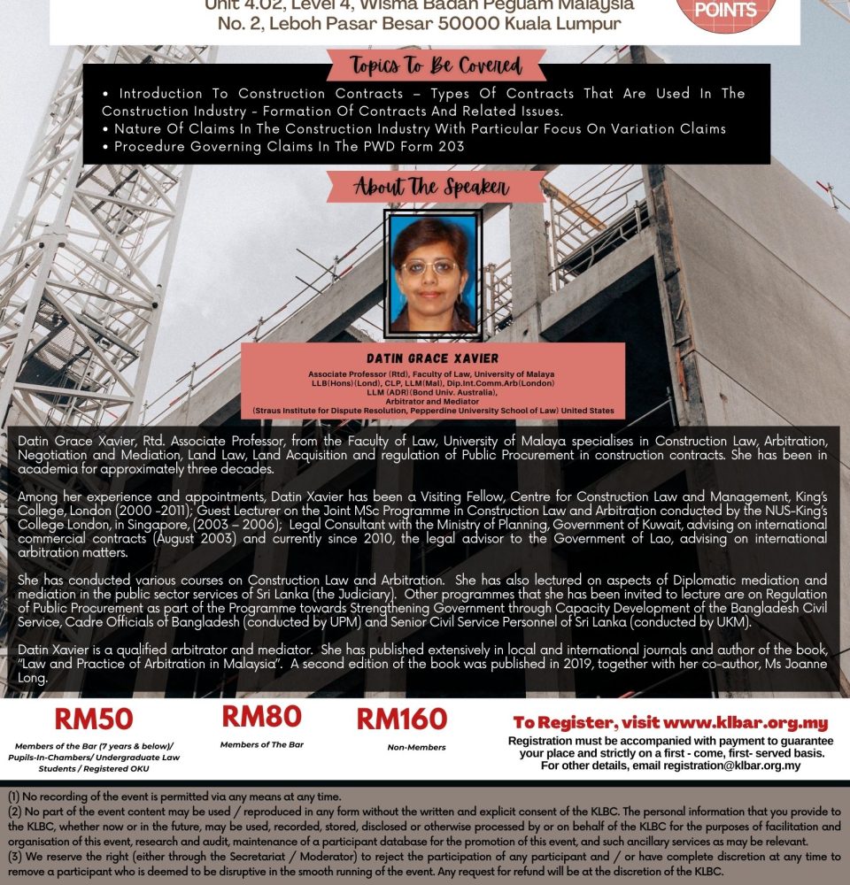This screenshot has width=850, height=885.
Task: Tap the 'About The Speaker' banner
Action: pos(431,187)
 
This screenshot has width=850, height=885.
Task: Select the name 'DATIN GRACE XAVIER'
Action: pos(433,358)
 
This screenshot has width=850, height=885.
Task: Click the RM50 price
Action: pos(93,719)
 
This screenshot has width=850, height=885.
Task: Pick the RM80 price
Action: pos(261,716)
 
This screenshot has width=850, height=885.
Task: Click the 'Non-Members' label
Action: pos(416,748)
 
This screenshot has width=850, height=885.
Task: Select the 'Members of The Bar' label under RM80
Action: pos(261,745)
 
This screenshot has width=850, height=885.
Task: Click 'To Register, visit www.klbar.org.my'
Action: pos(670,722)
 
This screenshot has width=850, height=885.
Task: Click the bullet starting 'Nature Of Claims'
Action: pos(420,129)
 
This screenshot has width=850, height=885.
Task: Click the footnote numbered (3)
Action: pos(425,864)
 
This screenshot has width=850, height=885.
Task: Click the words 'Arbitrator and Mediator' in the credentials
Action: pos(433,401)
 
